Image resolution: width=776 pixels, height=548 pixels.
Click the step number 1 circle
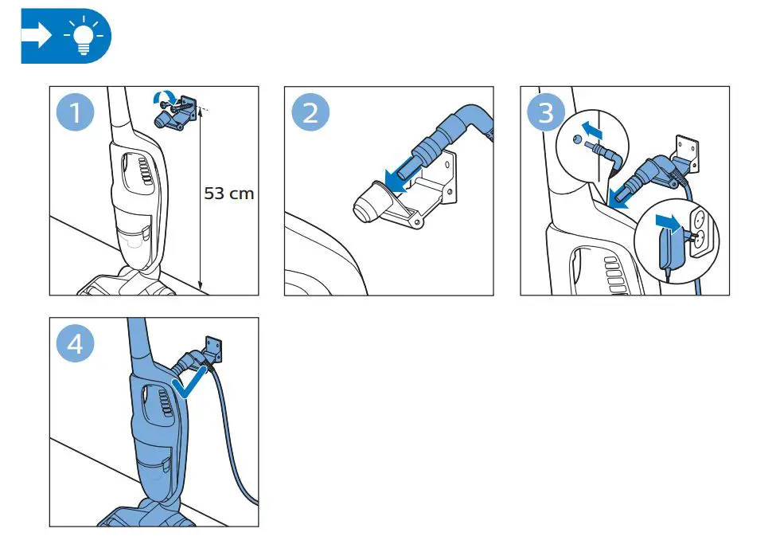pyautogui.click(x=75, y=112)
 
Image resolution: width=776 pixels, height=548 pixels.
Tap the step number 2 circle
pyautogui.click(x=310, y=112)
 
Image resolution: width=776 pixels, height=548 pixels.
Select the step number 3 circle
pyautogui.click(x=546, y=112)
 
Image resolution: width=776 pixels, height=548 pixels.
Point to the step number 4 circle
pyautogui.click(x=75, y=344)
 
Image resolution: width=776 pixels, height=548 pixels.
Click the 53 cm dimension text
pyautogui.click(x=229, y=194)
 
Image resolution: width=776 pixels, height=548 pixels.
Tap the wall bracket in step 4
pyautogui.click(x=214, y=346)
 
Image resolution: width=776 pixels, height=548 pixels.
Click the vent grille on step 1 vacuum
pyautogui.click(x=143, y=171)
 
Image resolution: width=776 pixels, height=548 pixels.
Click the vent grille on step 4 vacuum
pyautogui.click(x=161, y=399)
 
